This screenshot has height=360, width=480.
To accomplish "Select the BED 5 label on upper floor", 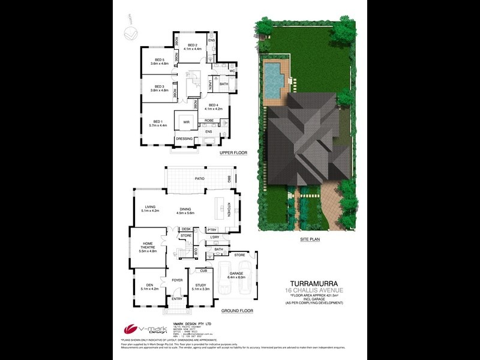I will [159, 60].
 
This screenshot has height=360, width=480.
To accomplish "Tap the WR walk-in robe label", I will [187, 122].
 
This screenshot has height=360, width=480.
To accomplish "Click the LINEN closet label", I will [211, 85].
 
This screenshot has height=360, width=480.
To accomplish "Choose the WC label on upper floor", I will [231, 72].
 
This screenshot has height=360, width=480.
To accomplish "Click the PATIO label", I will [191, 178].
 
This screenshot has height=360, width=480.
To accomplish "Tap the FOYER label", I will [177, 280].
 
